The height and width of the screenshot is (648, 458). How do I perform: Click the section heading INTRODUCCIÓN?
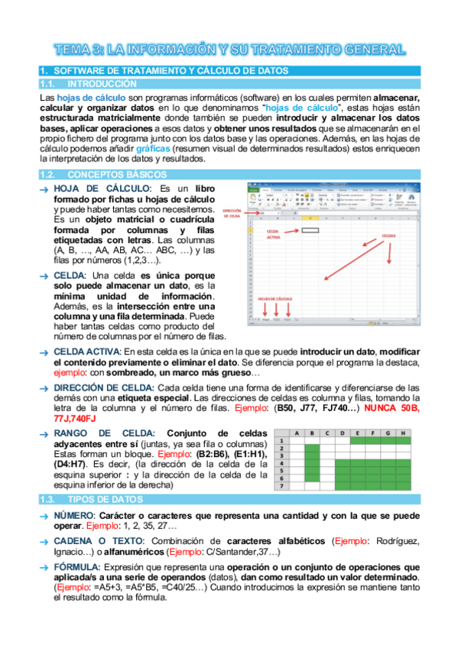pos(102,84)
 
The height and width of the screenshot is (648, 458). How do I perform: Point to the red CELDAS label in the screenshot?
pos(388,236)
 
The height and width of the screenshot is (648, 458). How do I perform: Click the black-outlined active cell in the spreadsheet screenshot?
pos(310,228)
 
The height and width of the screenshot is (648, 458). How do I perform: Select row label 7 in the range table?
pos(281,487)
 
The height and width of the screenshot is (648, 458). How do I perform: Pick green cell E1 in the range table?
pos(358,441)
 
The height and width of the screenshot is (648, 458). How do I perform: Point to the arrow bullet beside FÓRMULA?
pos(45,568)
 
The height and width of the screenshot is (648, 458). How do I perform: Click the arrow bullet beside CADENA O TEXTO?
pos(45,542)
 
